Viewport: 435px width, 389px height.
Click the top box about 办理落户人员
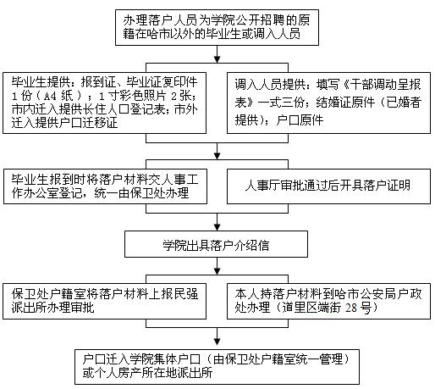click(217, 27)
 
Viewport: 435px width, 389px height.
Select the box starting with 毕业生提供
click(104, 103)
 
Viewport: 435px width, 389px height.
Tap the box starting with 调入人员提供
click(328, 103)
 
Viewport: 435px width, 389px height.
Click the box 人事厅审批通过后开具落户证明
click(328, 186)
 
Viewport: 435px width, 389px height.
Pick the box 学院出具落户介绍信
click(216, 244)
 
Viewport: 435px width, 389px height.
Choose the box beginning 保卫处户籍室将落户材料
click(104, 301)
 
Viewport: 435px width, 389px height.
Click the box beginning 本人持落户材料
click(328, 301)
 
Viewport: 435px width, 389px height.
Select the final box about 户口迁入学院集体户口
click(217, 367)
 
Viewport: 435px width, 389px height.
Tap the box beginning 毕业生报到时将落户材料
click(105, 186)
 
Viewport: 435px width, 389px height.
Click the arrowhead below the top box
click(217, 59)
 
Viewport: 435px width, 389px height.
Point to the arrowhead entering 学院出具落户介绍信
click(217, 227)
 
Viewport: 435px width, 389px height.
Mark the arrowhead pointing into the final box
click(217, 342)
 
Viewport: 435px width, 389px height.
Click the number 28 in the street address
click(351, 308)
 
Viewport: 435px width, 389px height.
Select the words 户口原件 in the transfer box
click(300, 120)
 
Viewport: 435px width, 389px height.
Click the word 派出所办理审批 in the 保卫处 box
click(52, 308)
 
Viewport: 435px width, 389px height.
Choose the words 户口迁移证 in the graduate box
click(88, 123)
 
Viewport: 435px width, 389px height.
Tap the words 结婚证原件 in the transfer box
click(345, 103)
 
